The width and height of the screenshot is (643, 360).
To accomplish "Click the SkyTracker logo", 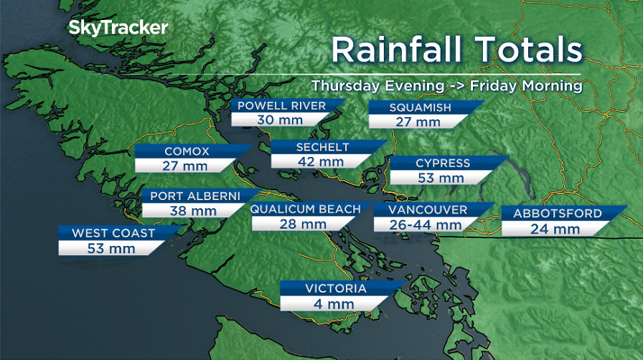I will (x=118, y=29).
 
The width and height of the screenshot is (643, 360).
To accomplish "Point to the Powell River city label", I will (x=281, y=106).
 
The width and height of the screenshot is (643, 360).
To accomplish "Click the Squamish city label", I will (x=420, y=108).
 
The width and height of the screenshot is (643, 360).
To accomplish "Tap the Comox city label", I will (x=187, y=151).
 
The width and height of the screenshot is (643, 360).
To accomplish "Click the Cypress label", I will (x=443, y=164).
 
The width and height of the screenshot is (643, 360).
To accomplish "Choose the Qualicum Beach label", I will (x=305, y=209).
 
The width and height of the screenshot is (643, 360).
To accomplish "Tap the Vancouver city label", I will (x=428, y=210).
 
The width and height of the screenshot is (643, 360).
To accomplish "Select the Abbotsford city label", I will (x=557, y=214).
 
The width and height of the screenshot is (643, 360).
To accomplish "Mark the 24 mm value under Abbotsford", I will (x=555, y=229).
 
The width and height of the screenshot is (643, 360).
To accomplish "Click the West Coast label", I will (x=113, y=234).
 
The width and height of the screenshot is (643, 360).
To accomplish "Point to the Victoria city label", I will (x=336, y=289).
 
